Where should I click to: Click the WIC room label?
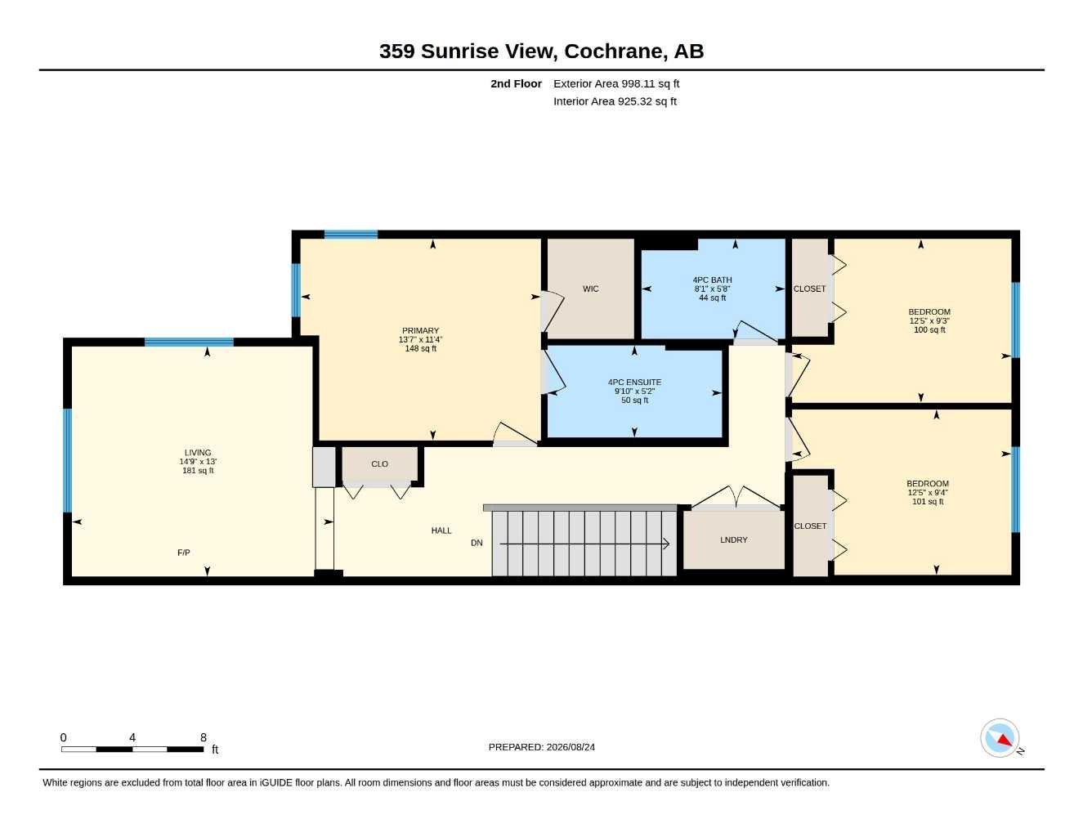(x=590, y=289)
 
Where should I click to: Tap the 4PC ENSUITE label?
(x=634, y=383)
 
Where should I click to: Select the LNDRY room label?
(x=734, y=540)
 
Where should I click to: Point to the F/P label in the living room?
(x=183, y=553)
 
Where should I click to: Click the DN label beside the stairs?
(x=477, y=543)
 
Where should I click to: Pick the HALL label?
(x=441, y=530)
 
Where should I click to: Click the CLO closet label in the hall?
(x=379, y=463)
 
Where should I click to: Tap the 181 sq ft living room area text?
(x=198, y=470)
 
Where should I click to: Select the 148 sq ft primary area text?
(x=420, y=348)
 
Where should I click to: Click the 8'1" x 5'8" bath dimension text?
(x=712, y=289)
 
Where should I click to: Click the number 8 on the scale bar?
(x=204, y=737)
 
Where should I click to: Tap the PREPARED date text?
(x=541, y=747)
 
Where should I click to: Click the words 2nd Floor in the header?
(x=516, y=83)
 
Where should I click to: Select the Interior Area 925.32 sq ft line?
(x=615, y=101)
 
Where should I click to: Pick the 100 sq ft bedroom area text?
(x=929, y=329)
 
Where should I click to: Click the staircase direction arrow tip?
(x=669, y=544)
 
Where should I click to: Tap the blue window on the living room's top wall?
(x=189, y=342)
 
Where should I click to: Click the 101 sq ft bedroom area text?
(x=928, y=501)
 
